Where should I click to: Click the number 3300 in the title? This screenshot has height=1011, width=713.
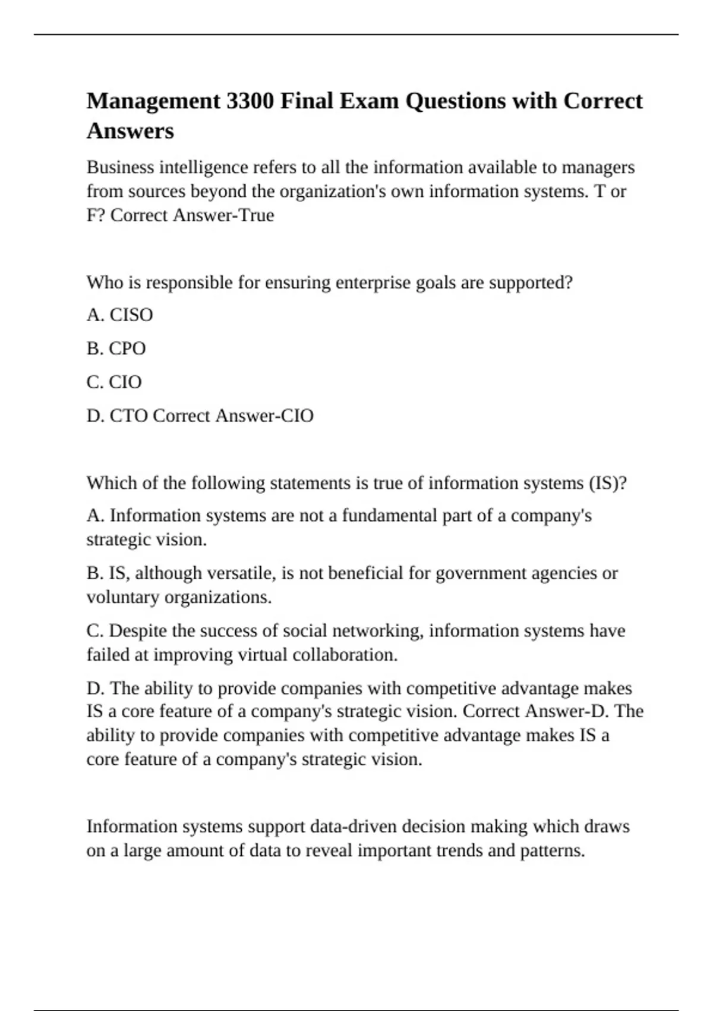[250, 101]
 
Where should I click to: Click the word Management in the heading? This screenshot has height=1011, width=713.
[154, 101]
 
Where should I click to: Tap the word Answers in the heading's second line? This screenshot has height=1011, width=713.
[130, 131]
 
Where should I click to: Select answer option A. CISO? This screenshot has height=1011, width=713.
[119, 315]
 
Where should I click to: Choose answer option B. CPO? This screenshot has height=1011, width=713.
[116, 348]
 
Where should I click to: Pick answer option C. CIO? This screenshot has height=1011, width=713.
[114, 382]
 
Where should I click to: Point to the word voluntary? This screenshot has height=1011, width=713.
[122, 597]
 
